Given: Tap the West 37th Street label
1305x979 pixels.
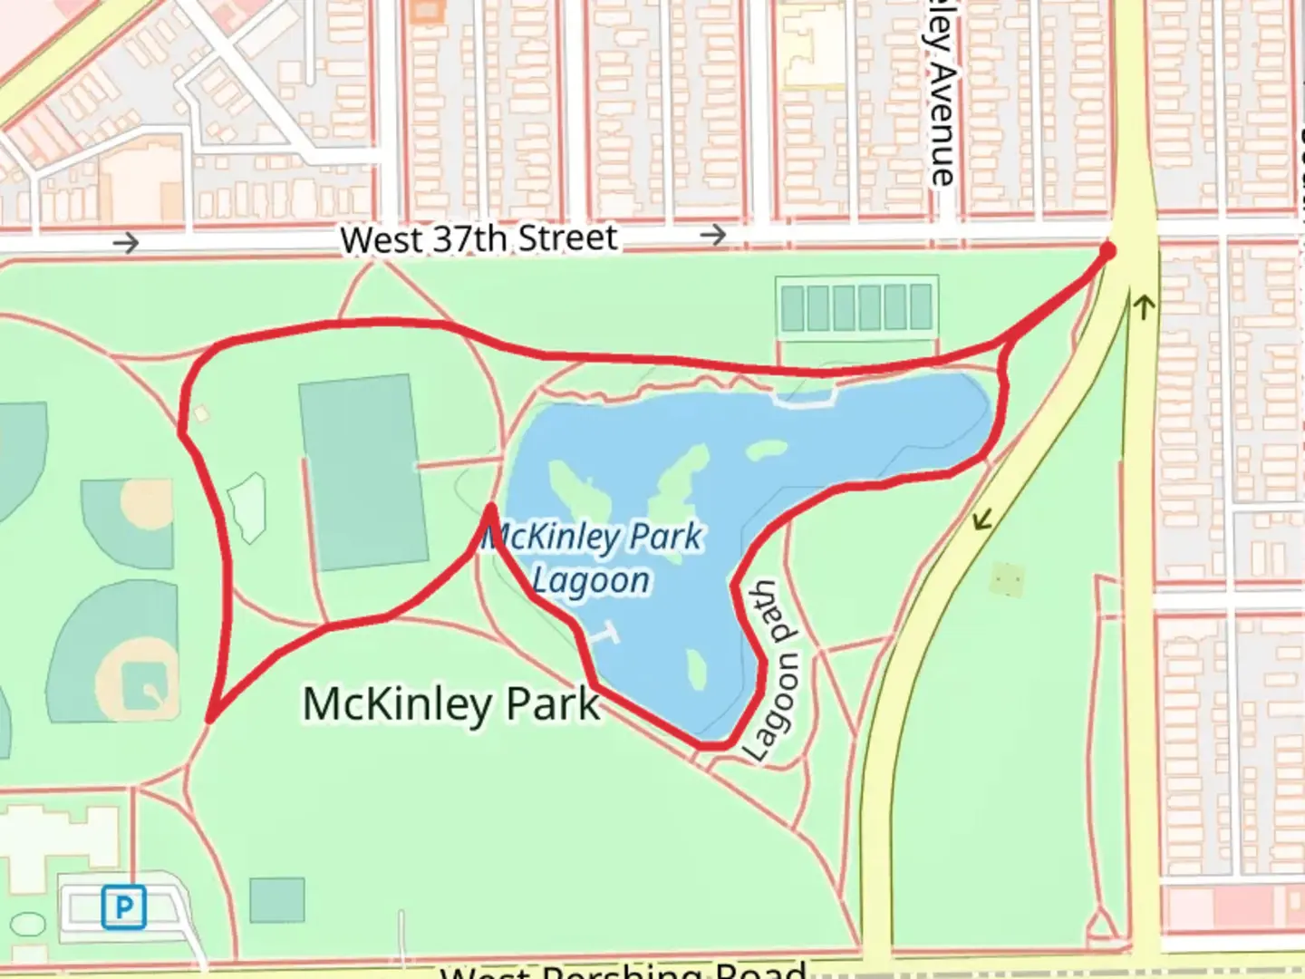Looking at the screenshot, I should point(478,239).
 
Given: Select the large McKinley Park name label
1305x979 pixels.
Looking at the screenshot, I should point(450,703).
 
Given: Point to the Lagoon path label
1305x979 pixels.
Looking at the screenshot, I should point(774,671).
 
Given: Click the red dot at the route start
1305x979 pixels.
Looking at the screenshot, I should point(1107,250).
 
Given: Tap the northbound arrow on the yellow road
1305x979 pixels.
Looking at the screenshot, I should point(1143,308).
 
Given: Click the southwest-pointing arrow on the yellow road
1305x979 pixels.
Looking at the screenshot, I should point(981,519).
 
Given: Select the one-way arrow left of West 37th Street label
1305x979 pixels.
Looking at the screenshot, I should point(126,243).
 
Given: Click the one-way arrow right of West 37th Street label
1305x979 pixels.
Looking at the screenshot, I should point(713,236).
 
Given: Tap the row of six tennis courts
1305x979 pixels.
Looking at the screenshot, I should point(856,307).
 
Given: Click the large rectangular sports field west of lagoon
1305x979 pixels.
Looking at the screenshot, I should point(362,472).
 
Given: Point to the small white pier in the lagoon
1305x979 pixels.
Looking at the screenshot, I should point(604,634).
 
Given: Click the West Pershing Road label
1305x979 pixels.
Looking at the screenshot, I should point(623,970).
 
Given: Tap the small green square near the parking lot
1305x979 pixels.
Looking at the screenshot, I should point(276,900).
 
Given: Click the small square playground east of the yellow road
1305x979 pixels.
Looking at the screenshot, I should point(1007,577).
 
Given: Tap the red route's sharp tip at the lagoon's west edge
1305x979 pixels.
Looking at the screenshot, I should point(490,508).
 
